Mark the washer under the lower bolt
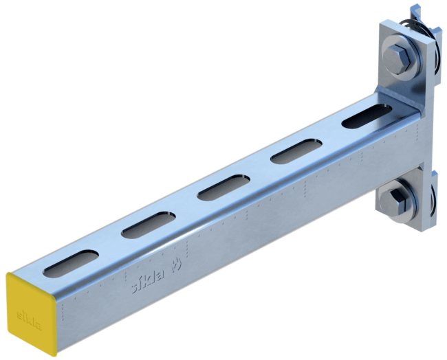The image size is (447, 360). click(x=398, y=210)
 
